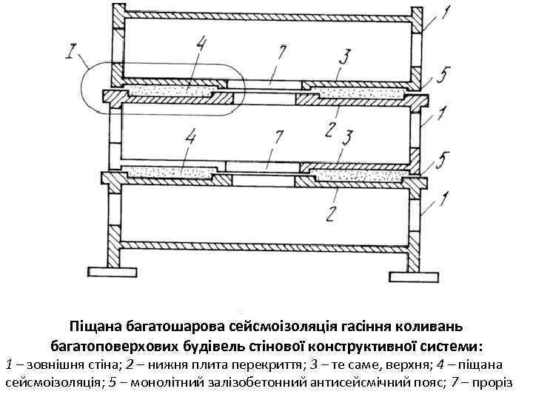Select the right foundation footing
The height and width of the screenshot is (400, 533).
[411, 277]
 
